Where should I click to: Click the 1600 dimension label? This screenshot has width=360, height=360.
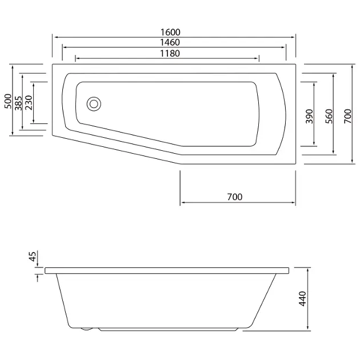[170, 32]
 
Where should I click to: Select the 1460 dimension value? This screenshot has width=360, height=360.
[170, 42]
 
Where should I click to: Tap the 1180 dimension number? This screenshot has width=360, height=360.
[170, 53]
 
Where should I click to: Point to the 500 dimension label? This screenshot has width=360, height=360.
[8, 101]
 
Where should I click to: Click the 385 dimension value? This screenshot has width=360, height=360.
[18, 103]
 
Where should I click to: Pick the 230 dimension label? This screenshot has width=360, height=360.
[29, 103]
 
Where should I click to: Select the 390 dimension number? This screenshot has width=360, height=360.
[309, 117]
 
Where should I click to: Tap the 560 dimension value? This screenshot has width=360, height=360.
[329, 117]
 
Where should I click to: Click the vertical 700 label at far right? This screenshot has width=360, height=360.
[348, 117]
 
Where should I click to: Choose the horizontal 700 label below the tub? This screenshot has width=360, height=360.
[235, 197]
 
